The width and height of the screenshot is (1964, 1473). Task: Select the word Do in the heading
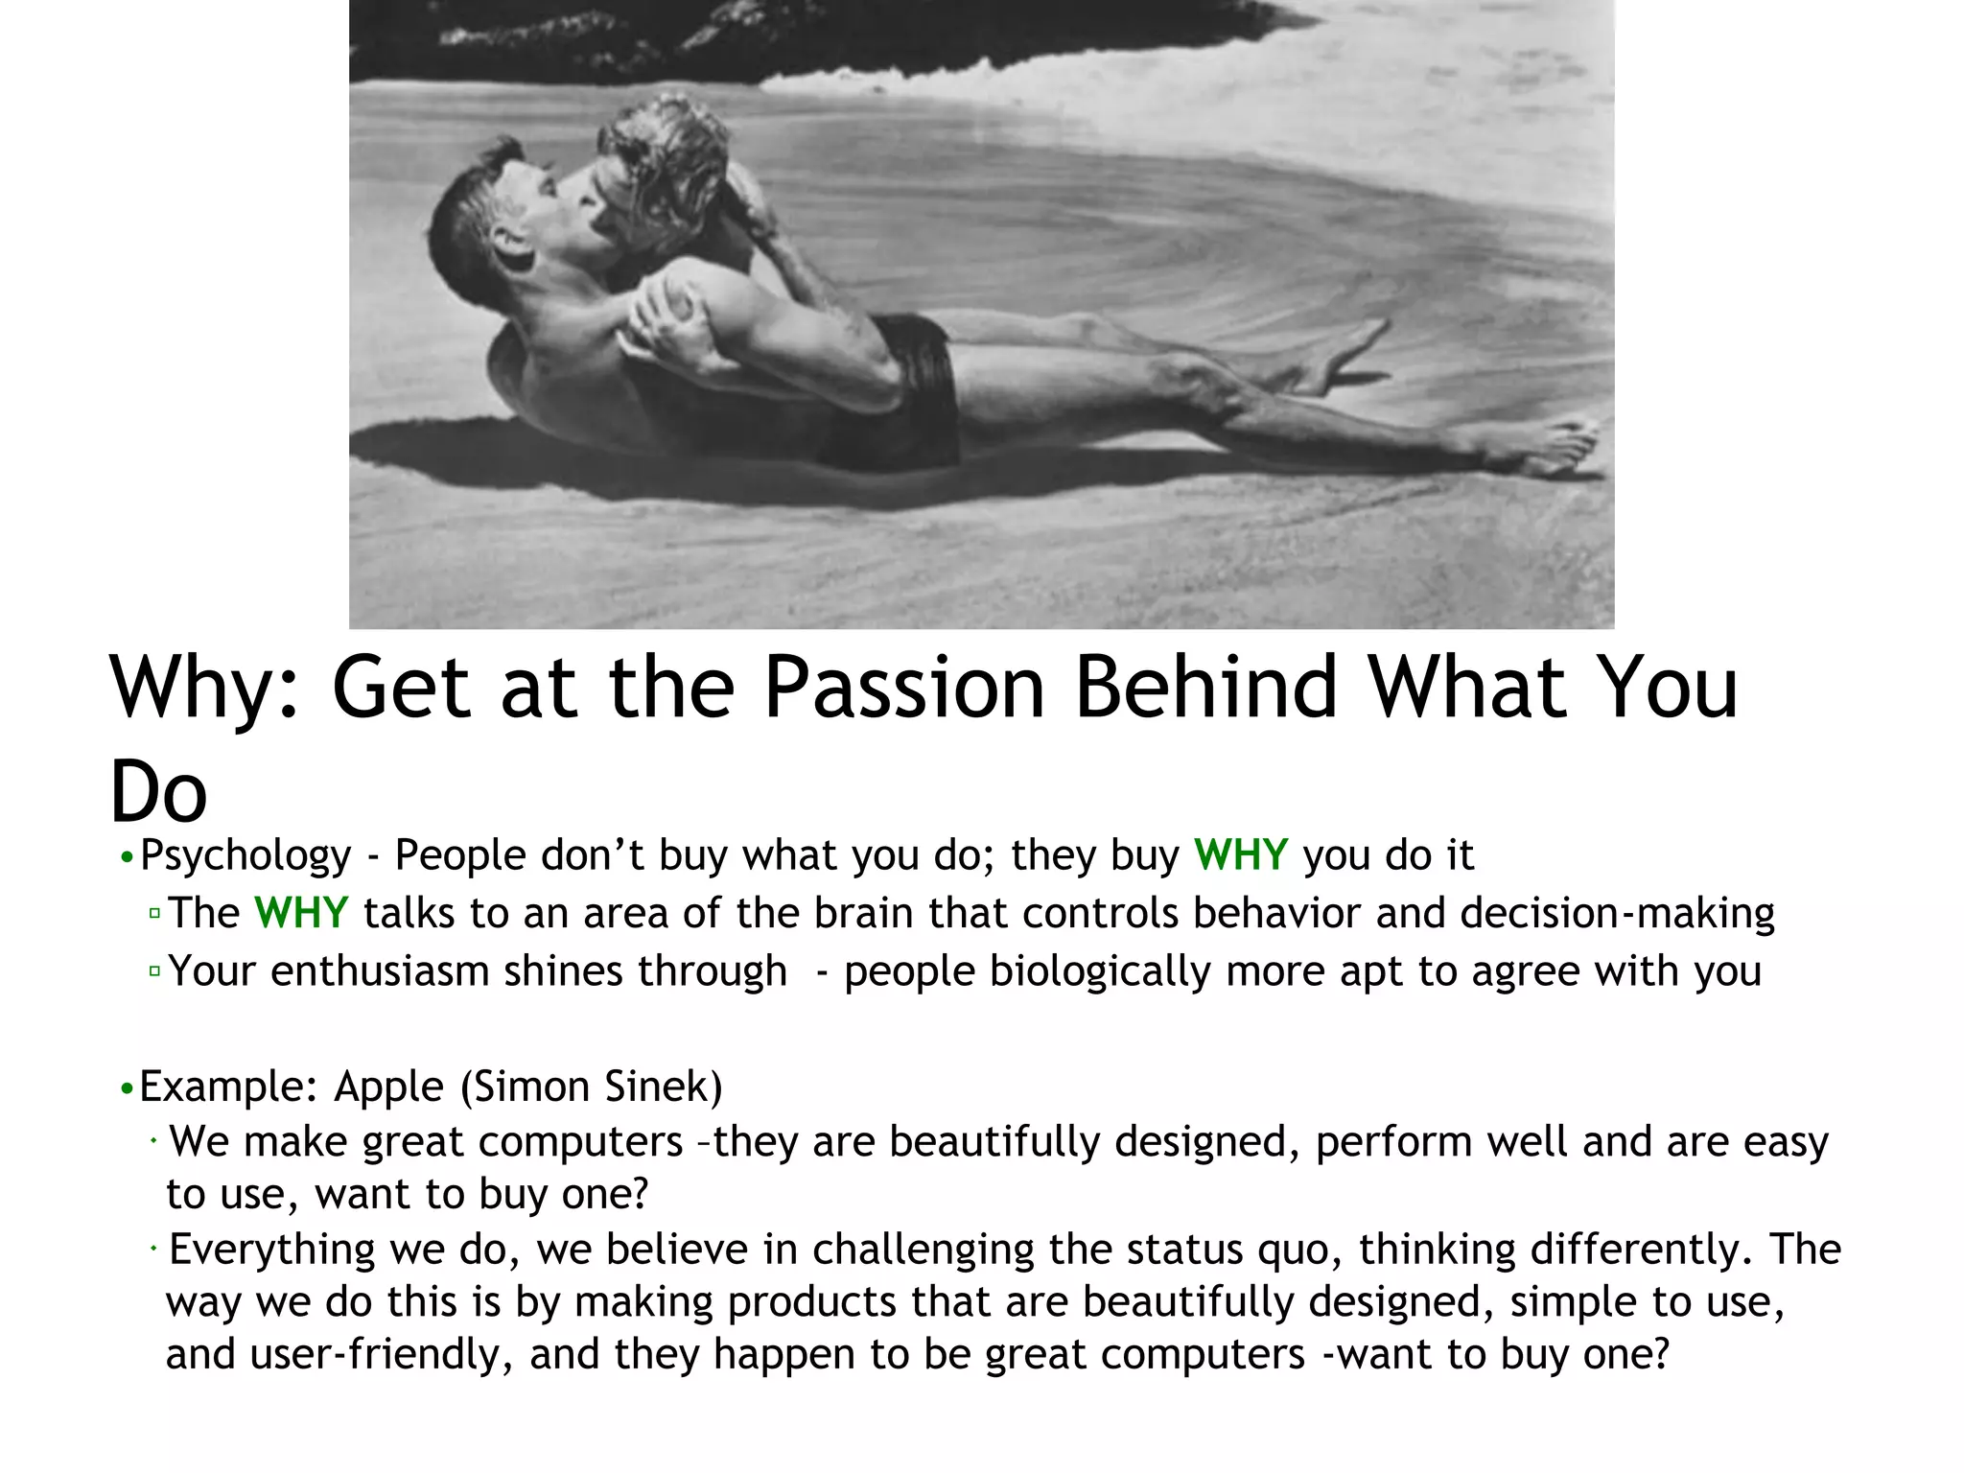tap(158, 792)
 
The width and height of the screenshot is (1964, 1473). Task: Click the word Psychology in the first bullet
tap(245, 855)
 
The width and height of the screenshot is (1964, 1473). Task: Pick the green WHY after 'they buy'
tap(1240, 854)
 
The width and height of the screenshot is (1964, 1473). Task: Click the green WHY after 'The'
tap(301, 913)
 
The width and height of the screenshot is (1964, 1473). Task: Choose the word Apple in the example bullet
tap(388, 1087)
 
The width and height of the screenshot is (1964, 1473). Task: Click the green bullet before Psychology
tap(127, 856)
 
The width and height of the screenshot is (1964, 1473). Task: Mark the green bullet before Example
tap(127, 1088)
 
